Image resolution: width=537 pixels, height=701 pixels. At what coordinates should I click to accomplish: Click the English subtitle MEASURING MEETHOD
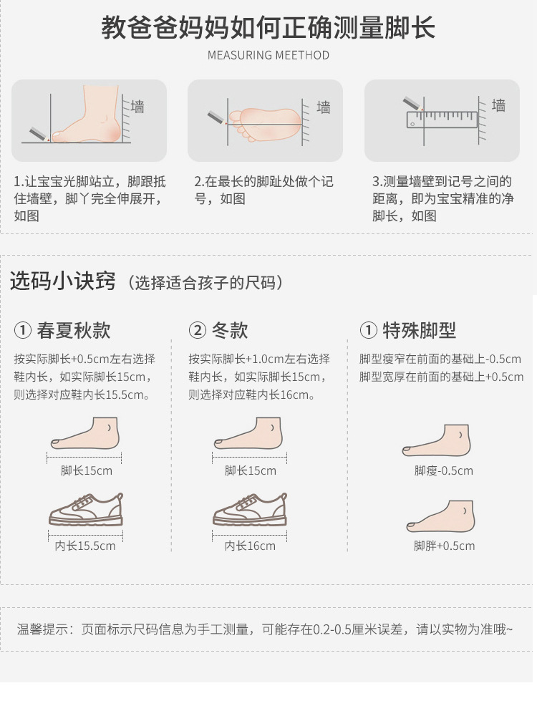point(268,55)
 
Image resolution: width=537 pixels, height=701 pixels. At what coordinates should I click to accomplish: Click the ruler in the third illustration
point(442,120)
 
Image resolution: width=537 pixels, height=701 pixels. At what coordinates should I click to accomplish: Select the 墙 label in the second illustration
point(323,107)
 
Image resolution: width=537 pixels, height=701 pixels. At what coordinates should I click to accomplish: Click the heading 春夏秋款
point(74,330)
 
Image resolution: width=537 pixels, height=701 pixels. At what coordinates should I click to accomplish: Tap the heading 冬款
point(230,330)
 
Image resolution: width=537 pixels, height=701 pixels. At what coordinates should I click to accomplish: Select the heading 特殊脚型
point(419,330)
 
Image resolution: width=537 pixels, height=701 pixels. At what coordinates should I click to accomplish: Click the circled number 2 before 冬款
point(197,331)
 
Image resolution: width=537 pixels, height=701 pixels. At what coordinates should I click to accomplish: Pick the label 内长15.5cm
point(85,546)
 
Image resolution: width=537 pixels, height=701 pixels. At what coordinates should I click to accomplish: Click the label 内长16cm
point(250,546)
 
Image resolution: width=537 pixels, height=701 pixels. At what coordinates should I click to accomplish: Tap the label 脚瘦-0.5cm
point(443,470)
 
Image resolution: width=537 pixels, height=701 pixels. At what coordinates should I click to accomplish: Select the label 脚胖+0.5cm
point(444,546)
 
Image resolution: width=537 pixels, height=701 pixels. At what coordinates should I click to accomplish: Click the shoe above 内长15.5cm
point(86,509)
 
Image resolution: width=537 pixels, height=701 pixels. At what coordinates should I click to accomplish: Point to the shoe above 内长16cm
point(250,509)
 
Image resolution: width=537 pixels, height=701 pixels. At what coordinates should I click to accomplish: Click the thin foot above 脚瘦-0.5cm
point(437,440)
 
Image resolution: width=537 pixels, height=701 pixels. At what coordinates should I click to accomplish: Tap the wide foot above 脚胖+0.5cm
point(441,516)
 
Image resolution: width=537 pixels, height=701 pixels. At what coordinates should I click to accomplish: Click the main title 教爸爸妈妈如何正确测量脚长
point(268,27)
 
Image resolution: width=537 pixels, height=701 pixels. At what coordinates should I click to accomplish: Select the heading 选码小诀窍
point(62,281)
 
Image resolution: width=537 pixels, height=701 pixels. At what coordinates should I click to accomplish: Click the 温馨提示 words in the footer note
point(42,629)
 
